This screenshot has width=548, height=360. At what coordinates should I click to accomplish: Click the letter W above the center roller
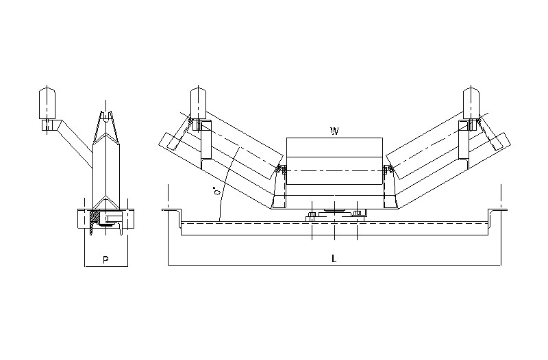pos(334,131)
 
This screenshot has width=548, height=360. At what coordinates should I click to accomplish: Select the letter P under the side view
pos(105,259)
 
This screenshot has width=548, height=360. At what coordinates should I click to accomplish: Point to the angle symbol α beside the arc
pos(217,194)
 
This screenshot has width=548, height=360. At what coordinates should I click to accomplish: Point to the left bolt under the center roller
pos(311,217)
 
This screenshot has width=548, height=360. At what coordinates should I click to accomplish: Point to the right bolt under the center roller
pos(357,217)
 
